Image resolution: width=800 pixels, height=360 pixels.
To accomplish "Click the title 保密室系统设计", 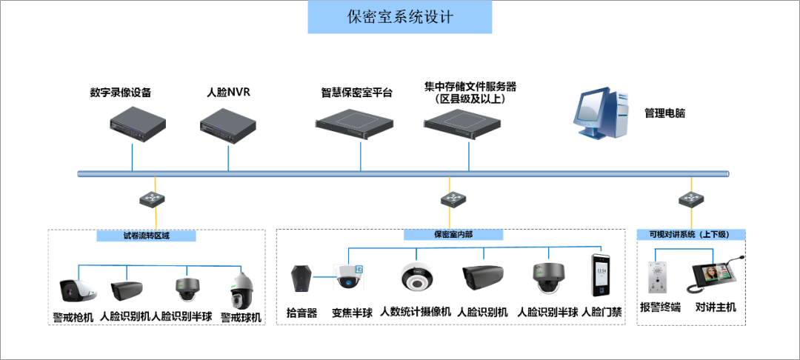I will (x=400, y=17).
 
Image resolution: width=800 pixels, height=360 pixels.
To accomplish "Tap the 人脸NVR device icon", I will (x=228, y=122).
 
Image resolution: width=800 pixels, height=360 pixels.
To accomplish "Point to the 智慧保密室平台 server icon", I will (x=360, y=122).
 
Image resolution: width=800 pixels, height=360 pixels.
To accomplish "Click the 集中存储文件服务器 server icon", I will (x=469, y=122).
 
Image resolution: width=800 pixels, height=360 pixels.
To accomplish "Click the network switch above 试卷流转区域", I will (x=156, y=199).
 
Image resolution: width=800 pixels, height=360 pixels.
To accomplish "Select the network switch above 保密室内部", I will (x=451, y=199).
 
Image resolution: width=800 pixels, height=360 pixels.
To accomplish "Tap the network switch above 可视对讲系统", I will (x=690, y=199).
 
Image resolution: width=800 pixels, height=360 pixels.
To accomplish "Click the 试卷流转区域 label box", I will (x=147, y=236).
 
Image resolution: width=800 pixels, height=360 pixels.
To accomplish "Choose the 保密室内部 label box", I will (x=453, y=234).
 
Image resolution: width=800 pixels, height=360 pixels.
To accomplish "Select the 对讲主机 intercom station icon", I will (x=714, y=278).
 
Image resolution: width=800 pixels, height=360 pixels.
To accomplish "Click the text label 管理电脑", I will (x=664, y=113).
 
